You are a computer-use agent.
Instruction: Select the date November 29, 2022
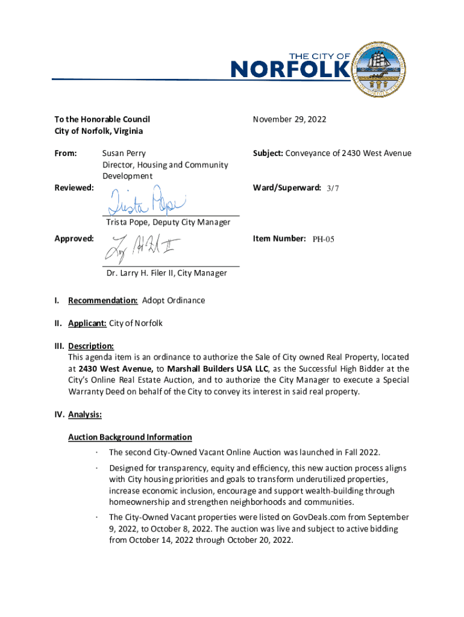289,119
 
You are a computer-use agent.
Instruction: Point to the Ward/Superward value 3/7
333,188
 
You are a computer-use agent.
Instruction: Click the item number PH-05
323,239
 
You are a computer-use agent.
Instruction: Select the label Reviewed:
74,188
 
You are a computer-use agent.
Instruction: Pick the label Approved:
74,239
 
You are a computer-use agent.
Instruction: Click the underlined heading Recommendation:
103,300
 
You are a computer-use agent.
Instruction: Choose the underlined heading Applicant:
87,323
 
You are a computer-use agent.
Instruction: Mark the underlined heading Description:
91,346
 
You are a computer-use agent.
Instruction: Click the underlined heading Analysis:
85,415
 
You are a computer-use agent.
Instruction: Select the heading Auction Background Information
130,437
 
